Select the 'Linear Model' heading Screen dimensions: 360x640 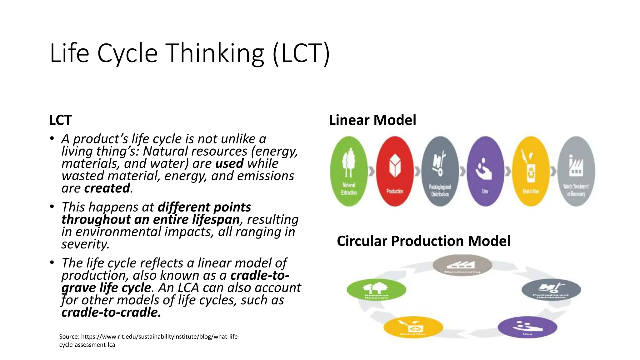pyautogui.click(x=372, y=120)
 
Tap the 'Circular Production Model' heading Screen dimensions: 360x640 pyautogui.click(x=423, y=241)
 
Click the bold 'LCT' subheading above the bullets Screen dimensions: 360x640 pyautogui.click(x=60, y=120)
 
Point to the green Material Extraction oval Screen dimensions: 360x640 pyautogui.click(x=349, y=171)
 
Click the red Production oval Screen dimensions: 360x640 pyautogui.click(x=395, y=171)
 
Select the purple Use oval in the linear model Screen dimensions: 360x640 pyautogui.click(x=485, y=171)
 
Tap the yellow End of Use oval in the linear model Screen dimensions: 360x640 pyautogui.click(x=531, y=171)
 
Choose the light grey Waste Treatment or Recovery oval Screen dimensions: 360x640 pyautogui.click(x=576, y=171)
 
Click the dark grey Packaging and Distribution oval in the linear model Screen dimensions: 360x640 pyautogui.click(x=440, y=171)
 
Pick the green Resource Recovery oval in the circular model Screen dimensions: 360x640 pyautogui.click(x=376, y=290)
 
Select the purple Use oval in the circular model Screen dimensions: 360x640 pyautogui.click(x=527, y=327)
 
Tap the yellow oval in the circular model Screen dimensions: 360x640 pyautogui.click(x=413, y=327)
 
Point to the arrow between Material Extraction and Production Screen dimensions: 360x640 pyautogui.click(x=372, y=171)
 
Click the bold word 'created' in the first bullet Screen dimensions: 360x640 pyautogui.click(x=107, y=188)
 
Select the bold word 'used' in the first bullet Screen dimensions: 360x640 pyautogui.click(x=229, y=164)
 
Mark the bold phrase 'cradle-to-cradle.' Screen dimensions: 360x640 pyautogui.click(x=111, y=312)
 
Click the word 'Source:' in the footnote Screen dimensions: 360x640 pyautogui.click(x=69, y=337)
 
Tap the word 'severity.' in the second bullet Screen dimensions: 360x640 pyautogui.click(x=85, y=244)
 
